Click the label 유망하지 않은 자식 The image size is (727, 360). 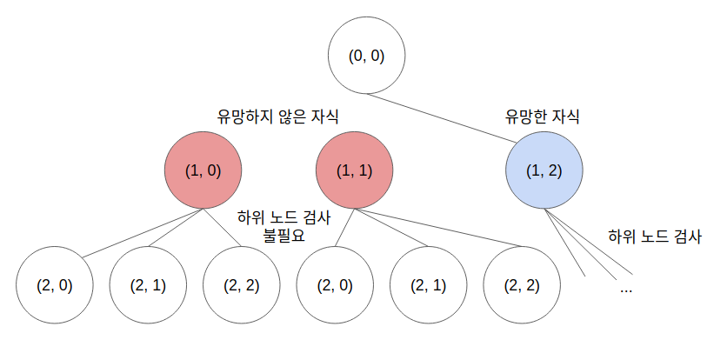277,117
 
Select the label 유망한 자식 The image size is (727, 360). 542,117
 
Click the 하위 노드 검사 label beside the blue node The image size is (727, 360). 654,237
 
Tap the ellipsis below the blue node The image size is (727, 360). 625,288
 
